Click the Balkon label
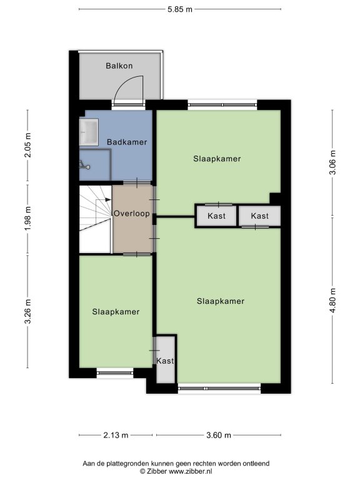coord(119,66)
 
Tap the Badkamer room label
coord(127,142)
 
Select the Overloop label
coord(132,213)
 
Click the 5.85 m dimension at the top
coord(180,9)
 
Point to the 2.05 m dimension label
coord(28,145)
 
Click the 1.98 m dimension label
coord(28,219)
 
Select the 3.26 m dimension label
coord(28,312)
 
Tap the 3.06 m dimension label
coord(332,162)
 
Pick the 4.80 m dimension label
coord(332,300)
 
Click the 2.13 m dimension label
coord(116,435)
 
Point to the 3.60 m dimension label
coord(219,435)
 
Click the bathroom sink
coord(89,132)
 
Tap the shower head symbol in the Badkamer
coord(84,166)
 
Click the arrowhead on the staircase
coord(108,199)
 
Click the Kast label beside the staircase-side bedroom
coord(165,361)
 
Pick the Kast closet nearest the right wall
coord(259,216)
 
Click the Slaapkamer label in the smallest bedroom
coord(116,312)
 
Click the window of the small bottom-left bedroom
coord(115,373)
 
